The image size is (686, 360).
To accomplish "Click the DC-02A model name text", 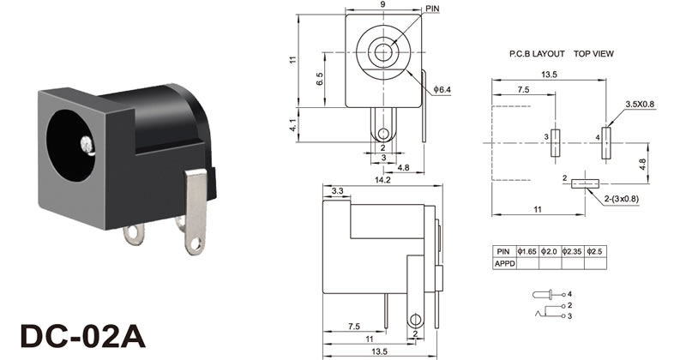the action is point(82,336).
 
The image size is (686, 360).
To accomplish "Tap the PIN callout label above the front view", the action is point(432,9).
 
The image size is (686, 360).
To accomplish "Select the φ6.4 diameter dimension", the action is point(442,90).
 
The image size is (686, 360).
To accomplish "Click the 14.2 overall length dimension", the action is point(382,180).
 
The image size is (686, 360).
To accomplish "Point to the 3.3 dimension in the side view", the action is point(337,191).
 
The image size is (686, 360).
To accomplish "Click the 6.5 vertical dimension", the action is point(320,79).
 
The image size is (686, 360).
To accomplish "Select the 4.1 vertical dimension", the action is point(292,125).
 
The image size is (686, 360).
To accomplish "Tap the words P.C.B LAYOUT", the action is point(537,54).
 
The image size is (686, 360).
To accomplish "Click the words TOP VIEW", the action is point(593,54).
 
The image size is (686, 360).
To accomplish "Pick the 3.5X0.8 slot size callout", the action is point(640,104).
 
